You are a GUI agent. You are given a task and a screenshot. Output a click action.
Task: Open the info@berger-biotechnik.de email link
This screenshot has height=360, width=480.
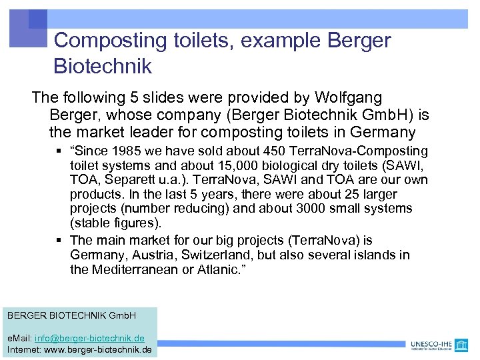pyautogui.click(x=89, y=339)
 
